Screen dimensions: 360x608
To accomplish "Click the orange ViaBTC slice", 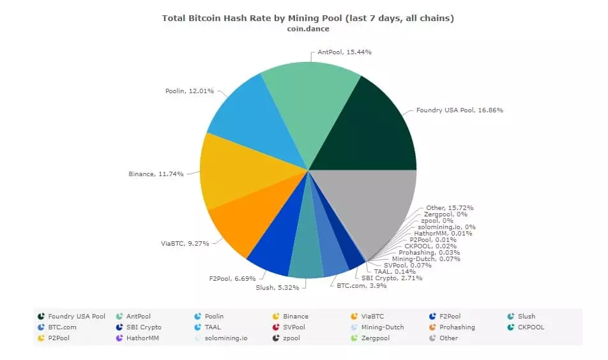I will [x=252, y=220].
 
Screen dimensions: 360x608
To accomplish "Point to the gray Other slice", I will [x=367, y=204].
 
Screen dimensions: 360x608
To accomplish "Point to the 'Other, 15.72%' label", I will [x=449, y=207].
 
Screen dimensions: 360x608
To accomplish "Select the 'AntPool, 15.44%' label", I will [x=344, y=51].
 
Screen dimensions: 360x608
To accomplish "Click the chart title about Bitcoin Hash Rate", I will [x=308, y=18].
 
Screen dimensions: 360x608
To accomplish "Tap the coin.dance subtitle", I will [x=308, y=29].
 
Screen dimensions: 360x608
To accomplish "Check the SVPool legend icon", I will [x=276, y=327].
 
